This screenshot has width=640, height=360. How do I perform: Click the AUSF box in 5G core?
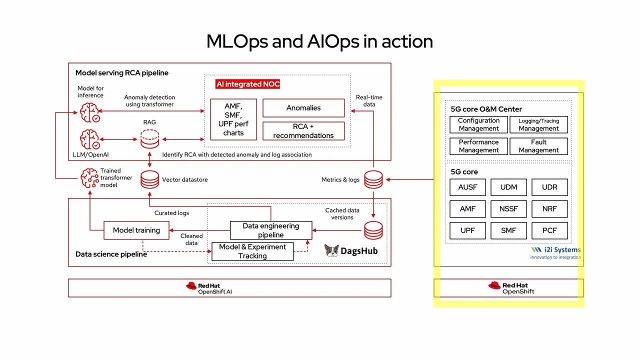467,187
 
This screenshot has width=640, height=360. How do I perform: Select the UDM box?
508,187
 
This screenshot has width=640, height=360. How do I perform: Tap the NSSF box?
508,209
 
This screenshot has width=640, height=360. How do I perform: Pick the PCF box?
549,230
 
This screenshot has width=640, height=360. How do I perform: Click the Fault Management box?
538,146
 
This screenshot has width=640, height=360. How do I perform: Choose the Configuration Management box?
478,124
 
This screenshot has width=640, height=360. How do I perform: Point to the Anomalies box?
303,108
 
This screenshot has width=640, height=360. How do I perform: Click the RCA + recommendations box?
303,131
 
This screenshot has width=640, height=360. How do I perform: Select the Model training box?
136,230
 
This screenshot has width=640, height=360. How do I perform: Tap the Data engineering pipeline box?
271,230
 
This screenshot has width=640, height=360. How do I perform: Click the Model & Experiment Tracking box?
252,251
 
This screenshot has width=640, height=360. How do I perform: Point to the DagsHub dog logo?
331,251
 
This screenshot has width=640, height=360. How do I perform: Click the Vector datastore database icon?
149,179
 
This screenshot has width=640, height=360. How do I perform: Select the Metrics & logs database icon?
373,179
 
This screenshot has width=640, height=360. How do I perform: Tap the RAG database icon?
149,139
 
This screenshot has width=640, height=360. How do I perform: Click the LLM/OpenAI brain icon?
89,139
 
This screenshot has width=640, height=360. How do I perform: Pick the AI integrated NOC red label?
247,84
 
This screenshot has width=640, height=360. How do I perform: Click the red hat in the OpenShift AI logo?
191,286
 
